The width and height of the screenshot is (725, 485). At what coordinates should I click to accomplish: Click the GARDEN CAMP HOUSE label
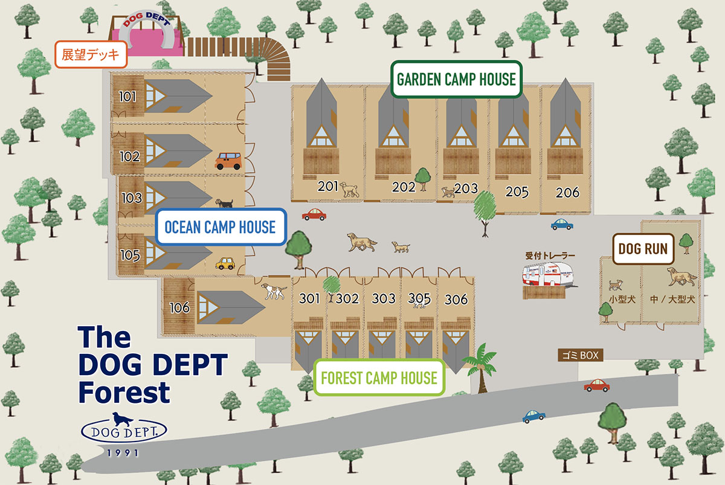[x=456, y=79]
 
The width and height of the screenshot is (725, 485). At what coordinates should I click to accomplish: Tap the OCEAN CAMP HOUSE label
[x=220, y=227]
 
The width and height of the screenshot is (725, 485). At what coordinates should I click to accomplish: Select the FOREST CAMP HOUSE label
[x=379, y=378]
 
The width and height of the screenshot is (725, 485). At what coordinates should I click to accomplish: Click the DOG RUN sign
[x=643, y=248]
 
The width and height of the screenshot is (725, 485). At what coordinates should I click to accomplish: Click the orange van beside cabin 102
[x=228, y=161]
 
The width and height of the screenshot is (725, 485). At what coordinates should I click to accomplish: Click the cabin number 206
[x=567, y=193]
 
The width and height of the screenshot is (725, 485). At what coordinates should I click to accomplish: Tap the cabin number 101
[x=129, y=96]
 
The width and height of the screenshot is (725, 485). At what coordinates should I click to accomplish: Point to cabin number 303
[x=384, y=298]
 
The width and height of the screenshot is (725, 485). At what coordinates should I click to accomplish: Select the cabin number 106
[x=179, y=308]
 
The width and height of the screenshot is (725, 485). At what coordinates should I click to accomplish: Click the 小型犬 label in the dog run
[x=616, y=298]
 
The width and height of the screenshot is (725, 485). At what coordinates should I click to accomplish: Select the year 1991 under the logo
[x=124, y=452]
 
